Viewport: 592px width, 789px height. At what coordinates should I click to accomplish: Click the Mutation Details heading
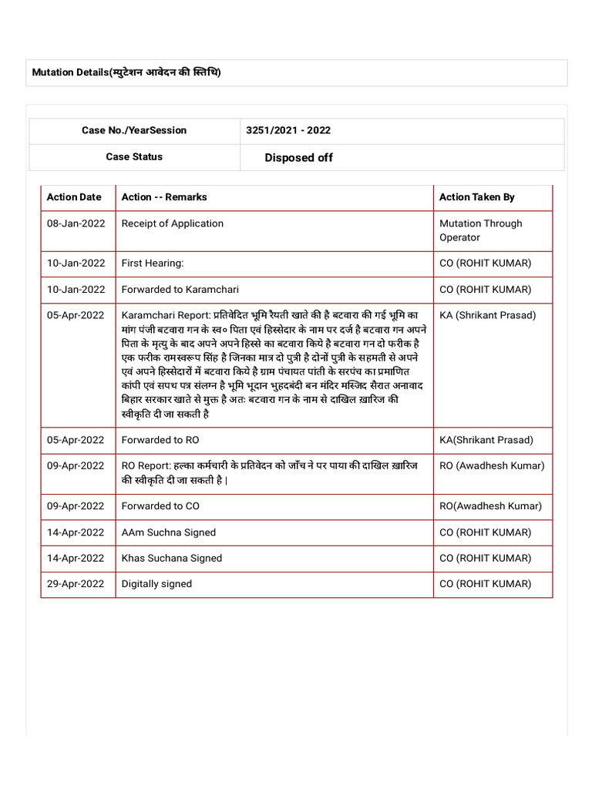pos(126,72)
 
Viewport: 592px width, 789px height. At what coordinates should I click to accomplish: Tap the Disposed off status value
pos(298,157)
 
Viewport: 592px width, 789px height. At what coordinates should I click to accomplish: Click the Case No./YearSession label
pos(134,130)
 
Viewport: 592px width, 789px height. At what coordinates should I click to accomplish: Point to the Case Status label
pos(134,156)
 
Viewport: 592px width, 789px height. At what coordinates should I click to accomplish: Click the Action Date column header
pos(74,197)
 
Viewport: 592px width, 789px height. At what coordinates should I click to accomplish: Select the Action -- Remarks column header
pos(164,197)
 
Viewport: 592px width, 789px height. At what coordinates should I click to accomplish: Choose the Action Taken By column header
pos(476,197)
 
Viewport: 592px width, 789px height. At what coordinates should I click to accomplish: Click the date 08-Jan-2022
pos(76,223)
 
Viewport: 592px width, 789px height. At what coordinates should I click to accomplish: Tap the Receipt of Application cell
pos(173,223)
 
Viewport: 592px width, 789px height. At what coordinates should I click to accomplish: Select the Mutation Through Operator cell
pos(480,230)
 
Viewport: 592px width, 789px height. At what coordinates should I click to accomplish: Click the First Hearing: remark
pos(153,264)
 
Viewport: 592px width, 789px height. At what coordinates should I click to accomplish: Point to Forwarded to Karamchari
pos(180,290)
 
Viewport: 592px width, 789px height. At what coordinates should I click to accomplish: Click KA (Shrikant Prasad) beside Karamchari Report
pos(487,315)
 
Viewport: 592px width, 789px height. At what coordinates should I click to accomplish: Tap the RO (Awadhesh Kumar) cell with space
pos(492,465)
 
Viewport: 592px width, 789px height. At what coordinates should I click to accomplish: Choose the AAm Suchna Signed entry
pos(169,532)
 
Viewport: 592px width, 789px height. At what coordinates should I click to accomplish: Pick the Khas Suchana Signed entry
pos(172,558)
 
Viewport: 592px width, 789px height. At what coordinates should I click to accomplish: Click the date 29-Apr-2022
pos(76,584)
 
